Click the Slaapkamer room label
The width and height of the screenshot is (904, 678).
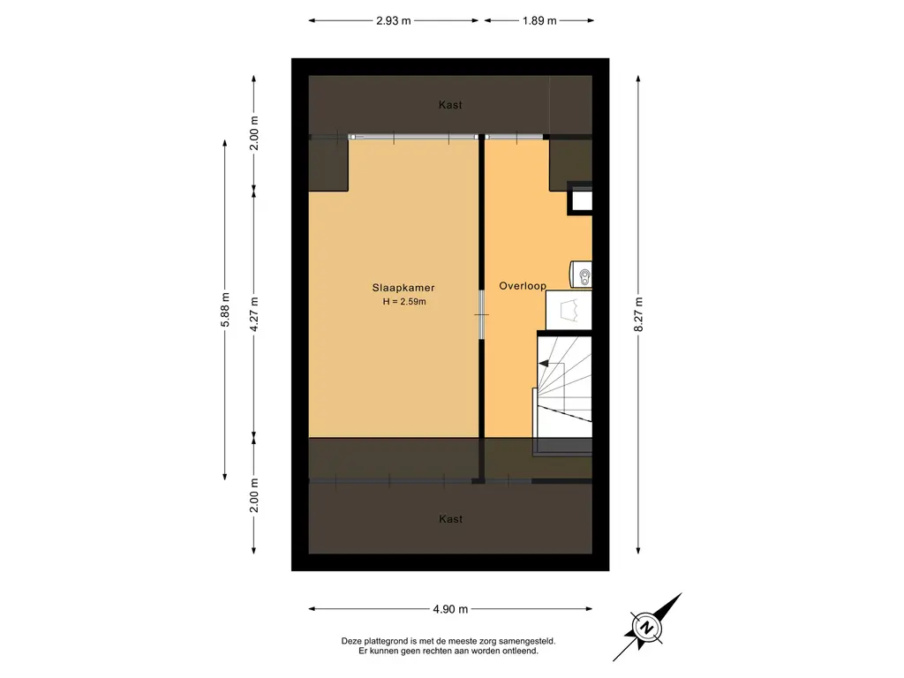(403, 288)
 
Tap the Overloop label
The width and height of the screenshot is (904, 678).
(523, 285)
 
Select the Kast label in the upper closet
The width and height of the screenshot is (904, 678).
(450, 104)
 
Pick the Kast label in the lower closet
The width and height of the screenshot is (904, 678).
(450, 519)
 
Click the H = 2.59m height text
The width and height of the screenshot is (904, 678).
(404, 302)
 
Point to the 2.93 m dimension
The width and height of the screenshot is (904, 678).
(393, 21)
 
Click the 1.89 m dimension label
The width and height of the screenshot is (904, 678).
(539, 21)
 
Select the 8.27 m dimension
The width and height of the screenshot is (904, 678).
(638, 314)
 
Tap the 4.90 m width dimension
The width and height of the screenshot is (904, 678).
(450, 609)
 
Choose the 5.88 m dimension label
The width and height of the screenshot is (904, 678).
(225, 310)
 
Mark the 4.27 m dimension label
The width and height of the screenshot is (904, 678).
(254, 314)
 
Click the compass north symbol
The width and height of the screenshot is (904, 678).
(647, 628)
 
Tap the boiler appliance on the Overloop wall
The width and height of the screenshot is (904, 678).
(581, 275)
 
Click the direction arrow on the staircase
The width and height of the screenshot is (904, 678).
(544, 363)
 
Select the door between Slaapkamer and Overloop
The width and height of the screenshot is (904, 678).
(481, 314)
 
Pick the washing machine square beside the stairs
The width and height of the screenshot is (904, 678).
(569, 310)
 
